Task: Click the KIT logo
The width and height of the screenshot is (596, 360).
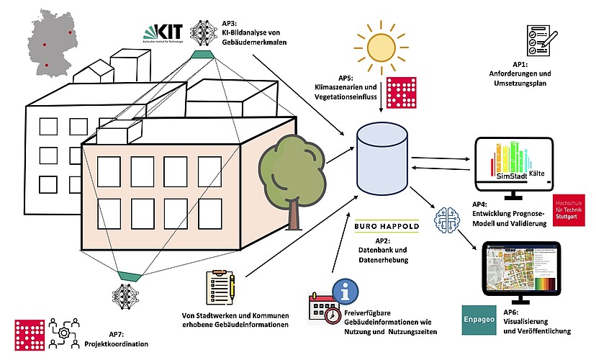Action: (x=163, y=32)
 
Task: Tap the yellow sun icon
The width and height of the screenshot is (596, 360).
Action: (x=380, y=45)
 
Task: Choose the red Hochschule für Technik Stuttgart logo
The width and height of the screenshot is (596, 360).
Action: (x=569, y=210)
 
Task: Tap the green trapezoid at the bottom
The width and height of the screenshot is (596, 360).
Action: (x=130, y=274)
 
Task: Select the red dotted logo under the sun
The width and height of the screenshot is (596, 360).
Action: (x=401, y=92)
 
